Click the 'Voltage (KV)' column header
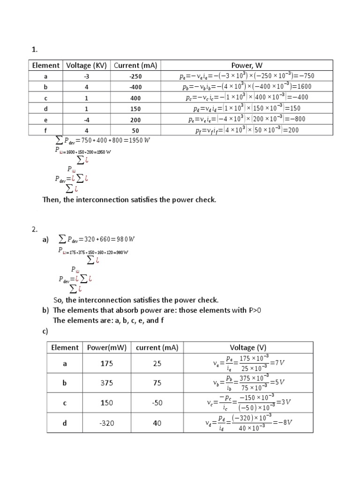(86, 66)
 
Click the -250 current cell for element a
(135, 76)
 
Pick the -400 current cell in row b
(135, 87)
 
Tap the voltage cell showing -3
(86, 76)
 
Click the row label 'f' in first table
(45, 130)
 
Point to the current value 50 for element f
(135, 130)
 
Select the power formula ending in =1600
(247, 87)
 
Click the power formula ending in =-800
(247, 119)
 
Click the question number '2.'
(34, 229)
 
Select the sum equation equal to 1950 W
(102, 141)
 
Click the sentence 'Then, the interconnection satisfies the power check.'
(129, 200)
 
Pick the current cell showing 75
(157, 383)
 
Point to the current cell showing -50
(157, 403)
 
